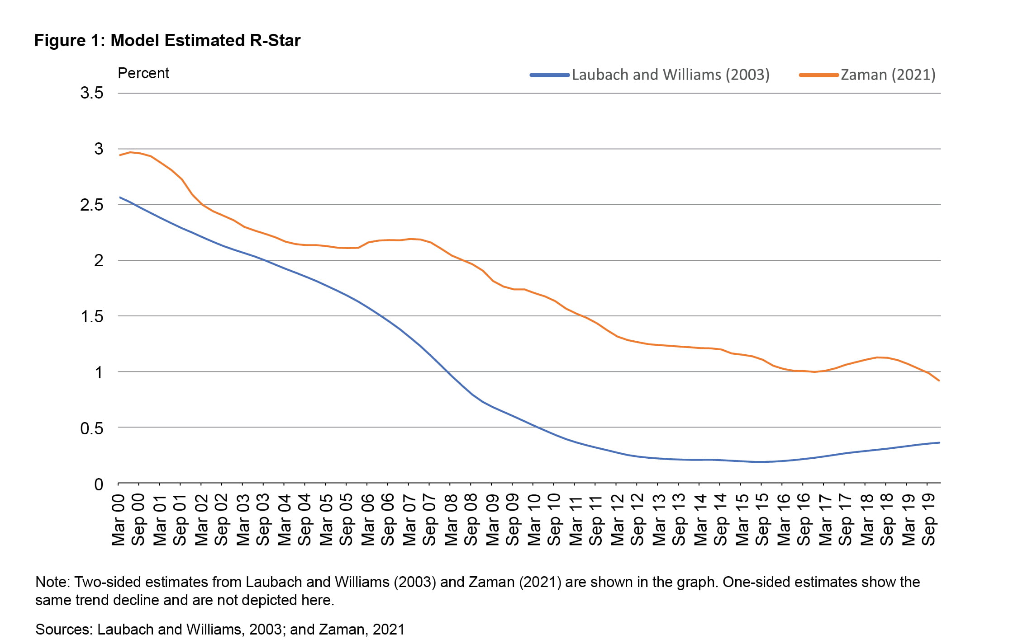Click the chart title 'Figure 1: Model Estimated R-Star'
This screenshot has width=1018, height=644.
(x=167, y=41)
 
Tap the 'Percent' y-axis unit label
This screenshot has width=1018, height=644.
(x=143, y=73)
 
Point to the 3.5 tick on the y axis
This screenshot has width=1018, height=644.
(x=92, y=93)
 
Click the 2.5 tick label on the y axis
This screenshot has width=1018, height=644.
(x=92, y=205)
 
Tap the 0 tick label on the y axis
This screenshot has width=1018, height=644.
(x=99, y=484)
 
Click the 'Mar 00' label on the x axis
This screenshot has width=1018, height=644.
(x=119, y=520)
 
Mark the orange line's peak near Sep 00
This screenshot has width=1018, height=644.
(x=130, y=152)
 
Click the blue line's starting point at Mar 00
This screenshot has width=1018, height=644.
(x=120, y=197)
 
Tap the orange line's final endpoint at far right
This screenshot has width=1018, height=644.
(x=939, y=381)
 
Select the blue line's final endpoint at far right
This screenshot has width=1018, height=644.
(x=939, y=442)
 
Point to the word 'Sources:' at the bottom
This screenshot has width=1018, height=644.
(x=64, y=630)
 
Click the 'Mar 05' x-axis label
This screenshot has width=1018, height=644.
(x=326, y=520)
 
